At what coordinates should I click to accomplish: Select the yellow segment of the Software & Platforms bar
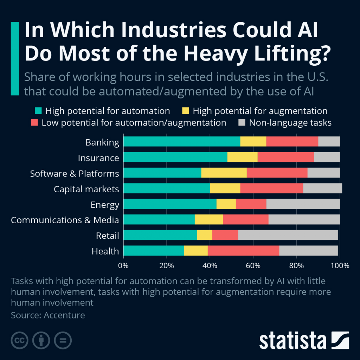tap(224, 173)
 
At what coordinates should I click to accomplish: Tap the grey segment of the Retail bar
tap(288, 235)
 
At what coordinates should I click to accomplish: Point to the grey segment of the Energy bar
tap(303, 204)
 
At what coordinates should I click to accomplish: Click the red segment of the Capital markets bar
tap(272, 188)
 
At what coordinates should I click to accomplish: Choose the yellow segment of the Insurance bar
tap(243, 157)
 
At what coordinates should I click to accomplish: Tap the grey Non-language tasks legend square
tap(242, 123)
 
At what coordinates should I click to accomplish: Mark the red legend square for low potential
tap(34, 123)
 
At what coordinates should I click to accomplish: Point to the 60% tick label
tap(253, 266)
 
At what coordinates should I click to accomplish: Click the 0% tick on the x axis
tap(123, 266)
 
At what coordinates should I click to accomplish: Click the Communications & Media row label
tap(65, 220)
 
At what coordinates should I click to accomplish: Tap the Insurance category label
tap(98, 158)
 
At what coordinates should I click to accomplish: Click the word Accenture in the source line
tap(64, 315)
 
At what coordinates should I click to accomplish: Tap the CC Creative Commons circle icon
tap(20, 340)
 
